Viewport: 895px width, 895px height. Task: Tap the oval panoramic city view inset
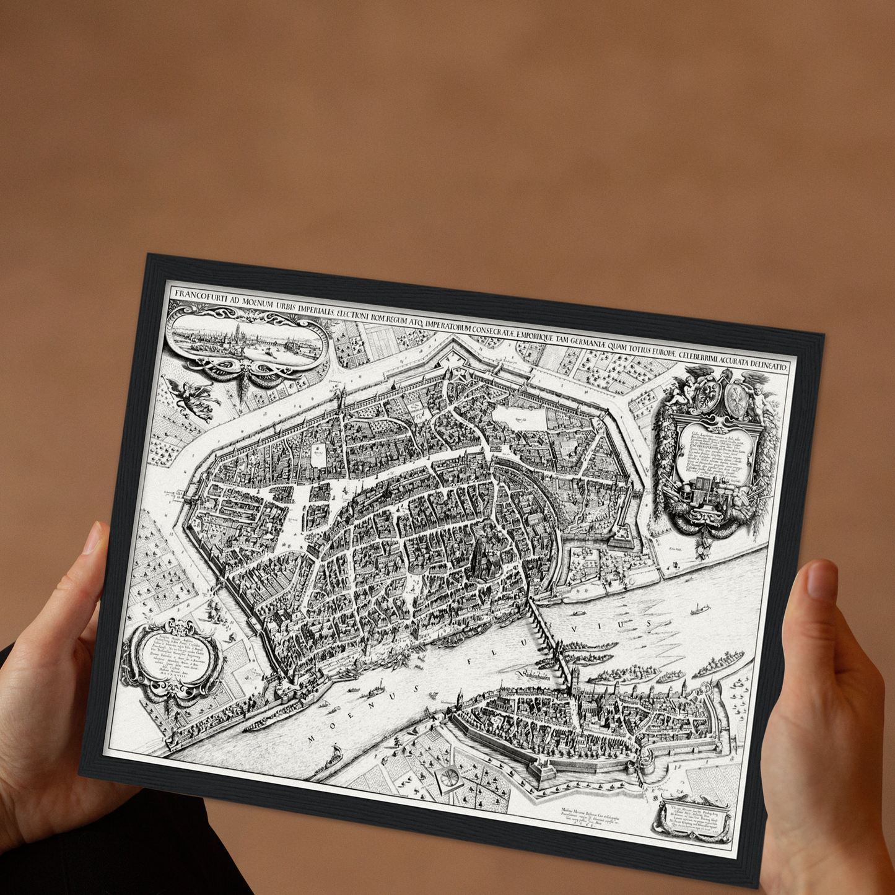point(247,339)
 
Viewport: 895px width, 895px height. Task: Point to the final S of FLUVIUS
point(650,622)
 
